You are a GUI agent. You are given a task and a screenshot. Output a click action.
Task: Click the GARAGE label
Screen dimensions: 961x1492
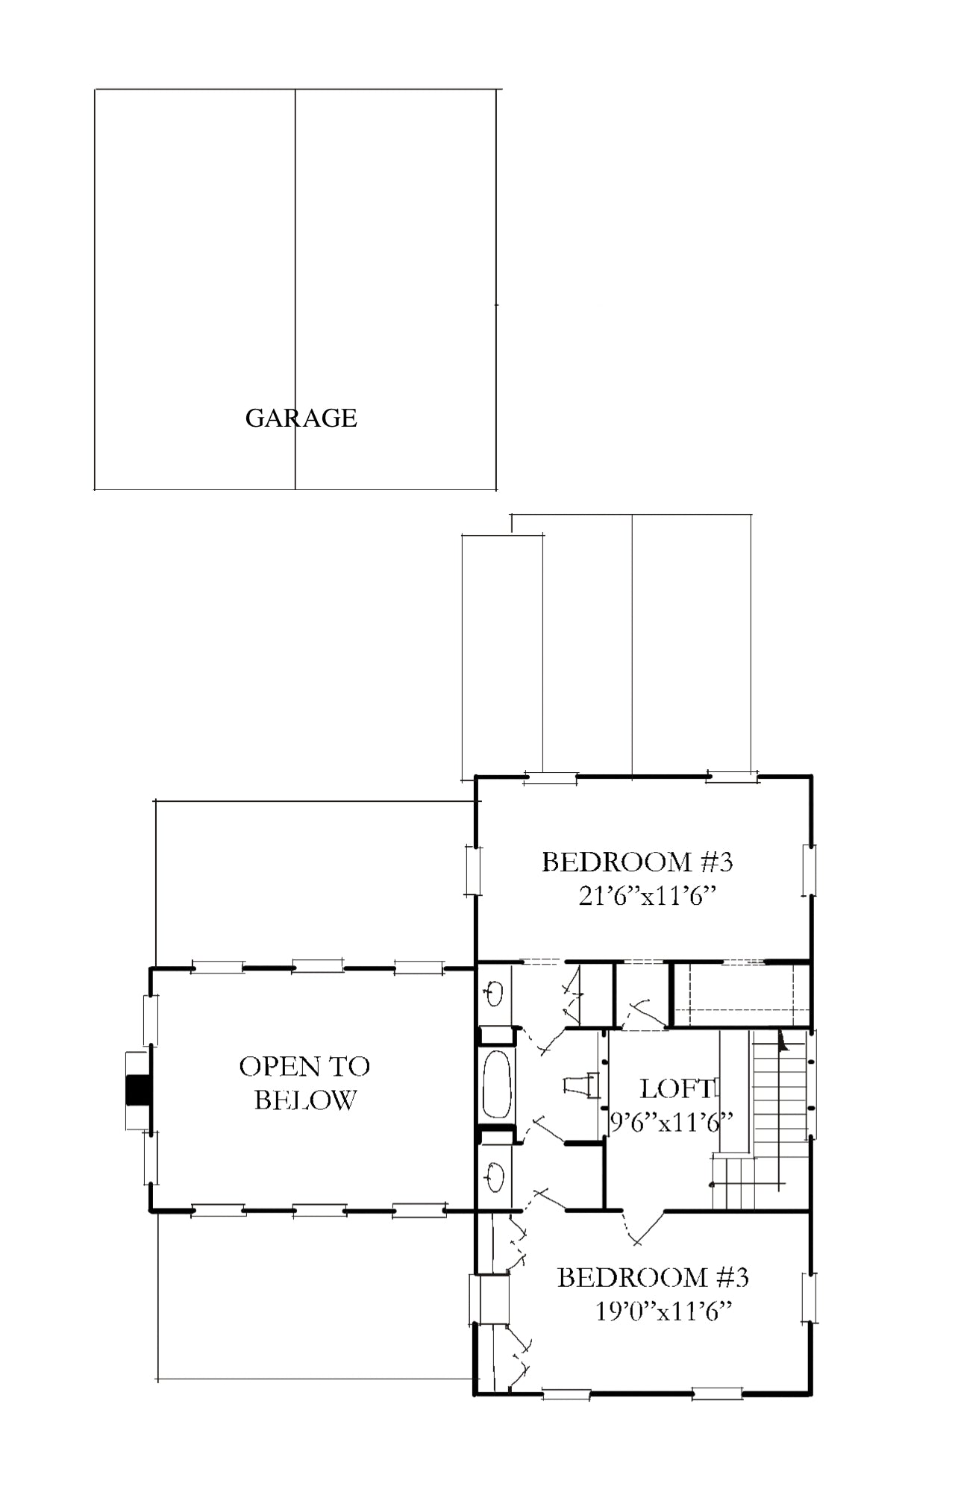301,418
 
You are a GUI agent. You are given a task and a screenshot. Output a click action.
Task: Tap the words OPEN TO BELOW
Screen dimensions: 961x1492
304,1083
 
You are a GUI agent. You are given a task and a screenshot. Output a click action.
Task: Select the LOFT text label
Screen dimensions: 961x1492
677,1088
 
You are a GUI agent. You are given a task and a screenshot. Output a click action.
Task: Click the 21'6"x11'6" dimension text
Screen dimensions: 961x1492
648,895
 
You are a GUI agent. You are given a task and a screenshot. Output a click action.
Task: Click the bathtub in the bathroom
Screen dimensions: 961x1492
498,1085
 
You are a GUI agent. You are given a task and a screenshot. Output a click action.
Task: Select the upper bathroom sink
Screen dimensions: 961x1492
495,992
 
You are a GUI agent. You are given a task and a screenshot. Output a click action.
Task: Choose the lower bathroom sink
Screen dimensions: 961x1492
495,1178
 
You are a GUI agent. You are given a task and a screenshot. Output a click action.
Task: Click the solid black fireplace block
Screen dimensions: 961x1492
137,1090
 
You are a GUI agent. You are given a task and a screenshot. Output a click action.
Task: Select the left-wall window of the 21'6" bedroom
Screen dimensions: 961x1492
472,870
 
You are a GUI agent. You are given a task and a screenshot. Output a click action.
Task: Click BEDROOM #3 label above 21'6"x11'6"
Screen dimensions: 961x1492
637,862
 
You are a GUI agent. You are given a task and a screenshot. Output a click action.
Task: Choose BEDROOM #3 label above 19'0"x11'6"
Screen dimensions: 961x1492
653,1277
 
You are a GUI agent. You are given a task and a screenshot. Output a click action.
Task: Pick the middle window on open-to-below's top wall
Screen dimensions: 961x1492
318,968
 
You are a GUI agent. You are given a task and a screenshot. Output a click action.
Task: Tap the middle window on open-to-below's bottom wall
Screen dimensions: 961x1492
319,1210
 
